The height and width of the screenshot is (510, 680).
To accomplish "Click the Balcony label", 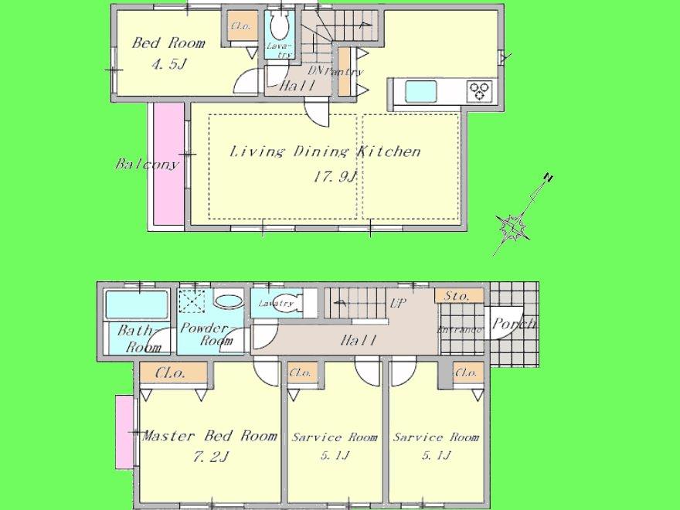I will (147, 164).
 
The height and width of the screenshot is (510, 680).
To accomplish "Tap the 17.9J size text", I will (334, 177).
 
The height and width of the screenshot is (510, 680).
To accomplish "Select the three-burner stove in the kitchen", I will (481, 91).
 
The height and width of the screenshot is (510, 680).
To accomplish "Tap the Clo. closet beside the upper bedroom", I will (239, 25).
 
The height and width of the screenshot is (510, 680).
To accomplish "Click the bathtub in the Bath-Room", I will (136, 305).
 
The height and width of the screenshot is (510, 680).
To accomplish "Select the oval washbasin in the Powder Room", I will (226, 301).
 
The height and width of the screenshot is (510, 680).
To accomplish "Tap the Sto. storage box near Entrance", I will (458, 295).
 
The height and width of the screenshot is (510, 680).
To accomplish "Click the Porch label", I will (514, 324).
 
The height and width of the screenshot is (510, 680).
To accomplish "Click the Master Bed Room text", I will (209, 436).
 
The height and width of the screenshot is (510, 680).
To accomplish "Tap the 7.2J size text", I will (209, 456).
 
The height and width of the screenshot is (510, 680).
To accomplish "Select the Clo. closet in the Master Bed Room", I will (169, 374).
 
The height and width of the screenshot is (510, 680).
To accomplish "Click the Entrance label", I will (461, 330).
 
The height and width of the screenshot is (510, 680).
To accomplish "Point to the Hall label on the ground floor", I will (357, 339).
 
